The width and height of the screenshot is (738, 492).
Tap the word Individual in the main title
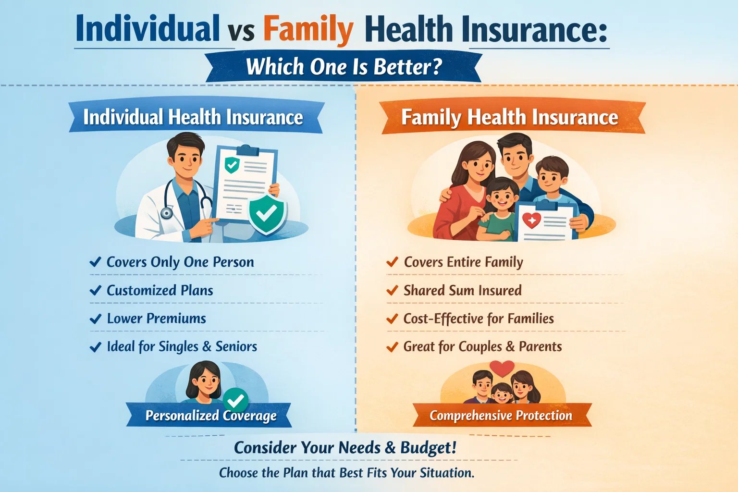click(148, 29)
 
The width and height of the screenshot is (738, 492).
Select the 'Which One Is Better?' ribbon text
click(344, 67)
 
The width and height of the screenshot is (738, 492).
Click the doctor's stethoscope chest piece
click(166, 213)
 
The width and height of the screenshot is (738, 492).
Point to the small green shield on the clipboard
click(232, 165)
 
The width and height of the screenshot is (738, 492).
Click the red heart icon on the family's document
click(532, 221)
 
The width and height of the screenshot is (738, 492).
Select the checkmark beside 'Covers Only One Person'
click(95, 262)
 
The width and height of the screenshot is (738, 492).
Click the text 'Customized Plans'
click(160, 290)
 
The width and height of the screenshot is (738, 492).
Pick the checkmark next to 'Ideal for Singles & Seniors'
click(95, 347)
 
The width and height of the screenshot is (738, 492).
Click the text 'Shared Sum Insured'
click(462, 290)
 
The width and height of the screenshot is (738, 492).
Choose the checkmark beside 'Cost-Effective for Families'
click(392, 319)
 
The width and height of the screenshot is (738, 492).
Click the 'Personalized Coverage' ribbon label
click(210, 416)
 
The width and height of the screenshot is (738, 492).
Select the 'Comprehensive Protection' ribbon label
click(501, 416)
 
